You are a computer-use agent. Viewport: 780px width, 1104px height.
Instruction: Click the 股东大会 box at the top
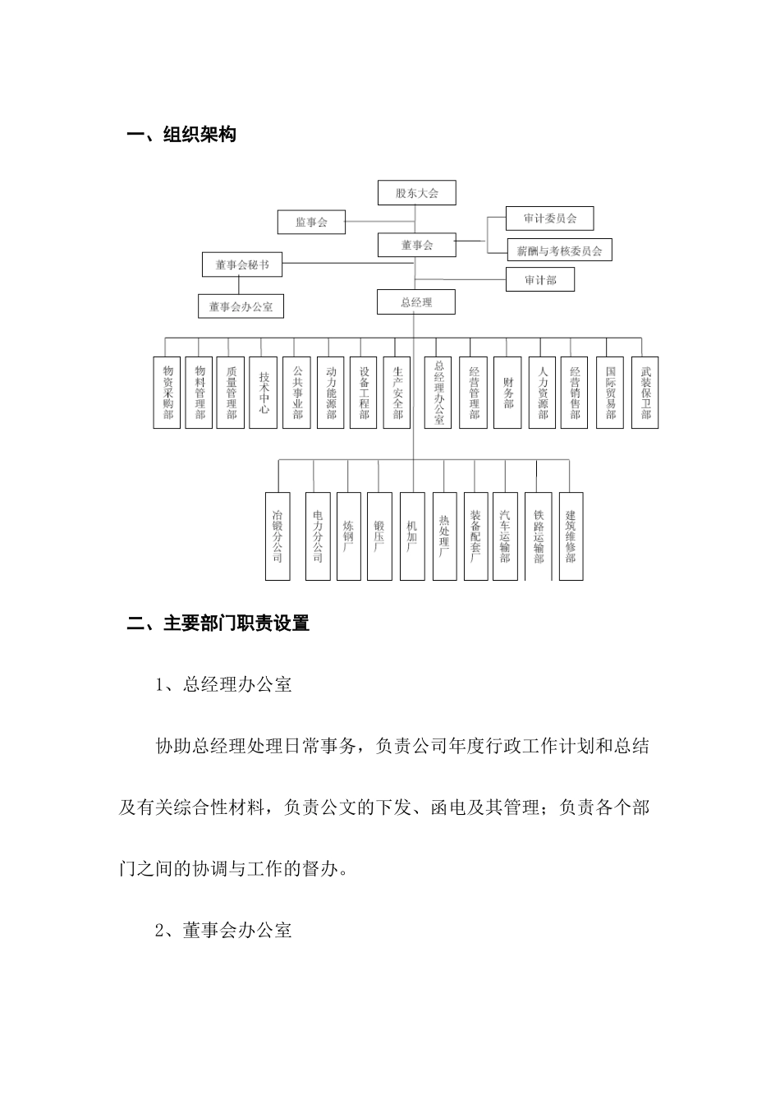(x=416, y=193)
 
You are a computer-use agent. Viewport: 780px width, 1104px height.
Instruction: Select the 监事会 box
(x=311, y=222)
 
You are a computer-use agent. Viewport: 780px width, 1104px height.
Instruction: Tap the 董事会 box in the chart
(x=416, y=245)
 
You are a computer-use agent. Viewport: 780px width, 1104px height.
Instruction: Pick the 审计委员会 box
(x=549, y=218)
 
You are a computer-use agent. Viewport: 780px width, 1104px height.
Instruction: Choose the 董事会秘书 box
(x=241, y=264)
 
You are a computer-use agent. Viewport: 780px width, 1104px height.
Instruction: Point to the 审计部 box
(x=539, y=280)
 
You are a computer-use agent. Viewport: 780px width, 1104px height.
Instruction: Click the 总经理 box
(x=416, y=302)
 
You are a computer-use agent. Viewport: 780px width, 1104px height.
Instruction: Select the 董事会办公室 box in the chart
(x=240, y=306)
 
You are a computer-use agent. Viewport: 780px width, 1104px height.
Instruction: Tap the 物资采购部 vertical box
(x=167, y=393)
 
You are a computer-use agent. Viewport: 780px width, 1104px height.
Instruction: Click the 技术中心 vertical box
(x=264, y=393)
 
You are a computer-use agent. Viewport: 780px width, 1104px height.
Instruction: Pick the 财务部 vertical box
(x=508, y=393)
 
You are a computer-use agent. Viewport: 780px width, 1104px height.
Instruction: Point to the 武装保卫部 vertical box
(x=645, y=393)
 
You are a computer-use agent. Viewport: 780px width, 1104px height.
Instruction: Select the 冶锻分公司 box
(x=278, y=536)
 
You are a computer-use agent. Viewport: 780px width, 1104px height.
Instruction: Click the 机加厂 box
(x=412, y=536)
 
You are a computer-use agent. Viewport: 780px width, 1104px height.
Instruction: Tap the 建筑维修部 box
(x=571, y=536)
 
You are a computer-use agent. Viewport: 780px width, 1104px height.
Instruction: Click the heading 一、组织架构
(x=181, y=135)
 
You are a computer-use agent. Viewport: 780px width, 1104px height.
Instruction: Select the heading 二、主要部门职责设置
(x=218, y=623)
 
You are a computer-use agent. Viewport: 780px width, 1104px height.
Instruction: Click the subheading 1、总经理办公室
(x=223, y=685)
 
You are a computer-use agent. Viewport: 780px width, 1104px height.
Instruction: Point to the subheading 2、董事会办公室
(x=223, y=931)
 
